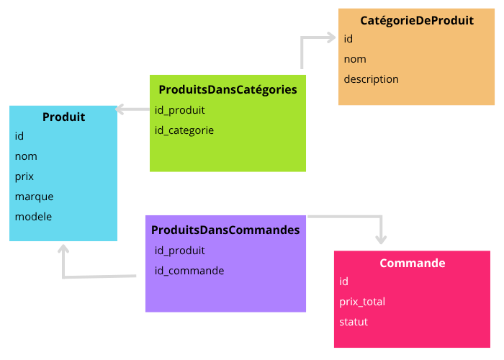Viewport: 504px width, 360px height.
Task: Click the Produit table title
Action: pos(63,117)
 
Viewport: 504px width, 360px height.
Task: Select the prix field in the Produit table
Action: pos(24,176)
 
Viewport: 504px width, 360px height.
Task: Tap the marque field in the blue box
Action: pos(34,197)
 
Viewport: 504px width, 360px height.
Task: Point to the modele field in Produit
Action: pos(33,217)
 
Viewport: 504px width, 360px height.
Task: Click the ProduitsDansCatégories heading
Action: pos(228,90)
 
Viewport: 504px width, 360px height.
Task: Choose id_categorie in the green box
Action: pos(184,130)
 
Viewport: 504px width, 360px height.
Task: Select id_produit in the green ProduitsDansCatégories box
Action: pos(180,110)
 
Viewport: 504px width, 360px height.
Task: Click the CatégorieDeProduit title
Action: pos(417,20)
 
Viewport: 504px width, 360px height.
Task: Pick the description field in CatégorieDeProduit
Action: pos(371,79)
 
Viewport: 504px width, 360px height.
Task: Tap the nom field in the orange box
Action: pos(355,59)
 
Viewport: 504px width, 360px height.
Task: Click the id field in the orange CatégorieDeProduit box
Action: pos(348,39)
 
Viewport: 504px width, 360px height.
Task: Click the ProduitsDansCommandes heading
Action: pos(225,230)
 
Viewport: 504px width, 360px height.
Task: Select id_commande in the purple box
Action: pos(189,271)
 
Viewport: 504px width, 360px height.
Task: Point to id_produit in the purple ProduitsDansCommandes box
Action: pos(180,251)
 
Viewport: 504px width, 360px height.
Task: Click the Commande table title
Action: pos(412,263)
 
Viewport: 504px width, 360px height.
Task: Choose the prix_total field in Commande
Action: pos(362,302)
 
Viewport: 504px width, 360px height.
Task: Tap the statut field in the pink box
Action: pos(354,322)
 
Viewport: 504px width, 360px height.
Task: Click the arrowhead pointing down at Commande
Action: pos(381,240)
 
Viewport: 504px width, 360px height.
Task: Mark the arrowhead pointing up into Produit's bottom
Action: pos(63,249)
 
